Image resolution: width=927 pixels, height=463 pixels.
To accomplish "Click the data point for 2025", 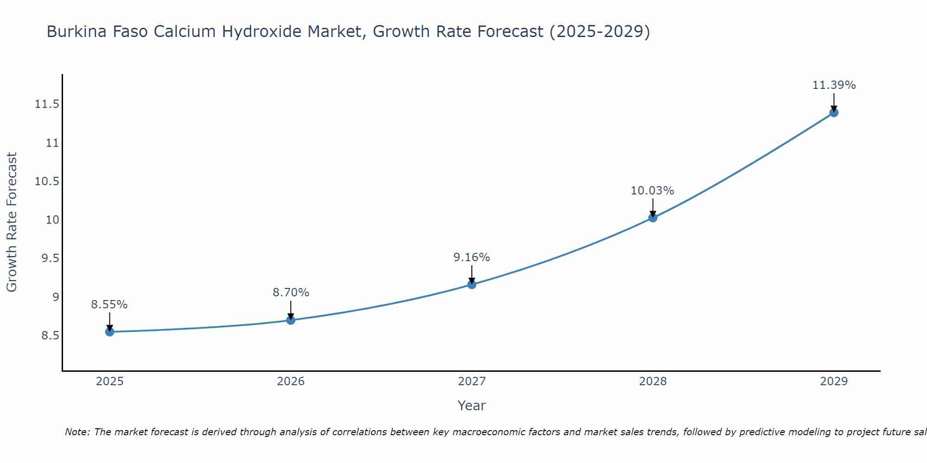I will [110, 332].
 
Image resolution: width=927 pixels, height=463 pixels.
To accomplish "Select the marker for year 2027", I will [472, 284].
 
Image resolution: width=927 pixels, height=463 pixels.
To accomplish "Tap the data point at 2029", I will [834, 113].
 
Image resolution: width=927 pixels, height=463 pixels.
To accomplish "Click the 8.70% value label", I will [291, 293].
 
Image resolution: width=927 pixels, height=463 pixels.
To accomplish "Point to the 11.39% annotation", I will [834, 85].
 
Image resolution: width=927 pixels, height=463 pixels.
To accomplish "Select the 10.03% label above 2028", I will [652, 191].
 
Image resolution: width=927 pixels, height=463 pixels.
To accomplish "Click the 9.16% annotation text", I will [471, 257].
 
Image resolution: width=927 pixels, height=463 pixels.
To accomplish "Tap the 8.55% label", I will [109, 305].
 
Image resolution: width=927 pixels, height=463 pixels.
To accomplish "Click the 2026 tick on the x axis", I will [291, 382].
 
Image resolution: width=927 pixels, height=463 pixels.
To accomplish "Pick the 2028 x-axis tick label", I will [653, 382].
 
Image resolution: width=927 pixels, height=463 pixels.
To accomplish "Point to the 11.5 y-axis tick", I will [47, 104].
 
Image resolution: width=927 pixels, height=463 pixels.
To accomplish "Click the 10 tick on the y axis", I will [53, 220].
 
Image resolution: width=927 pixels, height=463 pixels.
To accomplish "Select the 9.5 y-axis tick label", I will [50, 258].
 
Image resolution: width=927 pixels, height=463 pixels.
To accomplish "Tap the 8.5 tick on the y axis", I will [50, 335].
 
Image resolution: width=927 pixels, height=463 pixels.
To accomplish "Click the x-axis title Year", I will [471, 406].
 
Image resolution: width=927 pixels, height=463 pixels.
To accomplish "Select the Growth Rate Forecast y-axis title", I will [12, 222].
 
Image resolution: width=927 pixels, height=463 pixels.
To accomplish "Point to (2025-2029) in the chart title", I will [599, 31].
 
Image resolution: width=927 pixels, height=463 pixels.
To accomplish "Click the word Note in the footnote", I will [77, 432].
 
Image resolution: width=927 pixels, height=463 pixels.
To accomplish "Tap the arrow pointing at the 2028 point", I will [653, 208].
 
